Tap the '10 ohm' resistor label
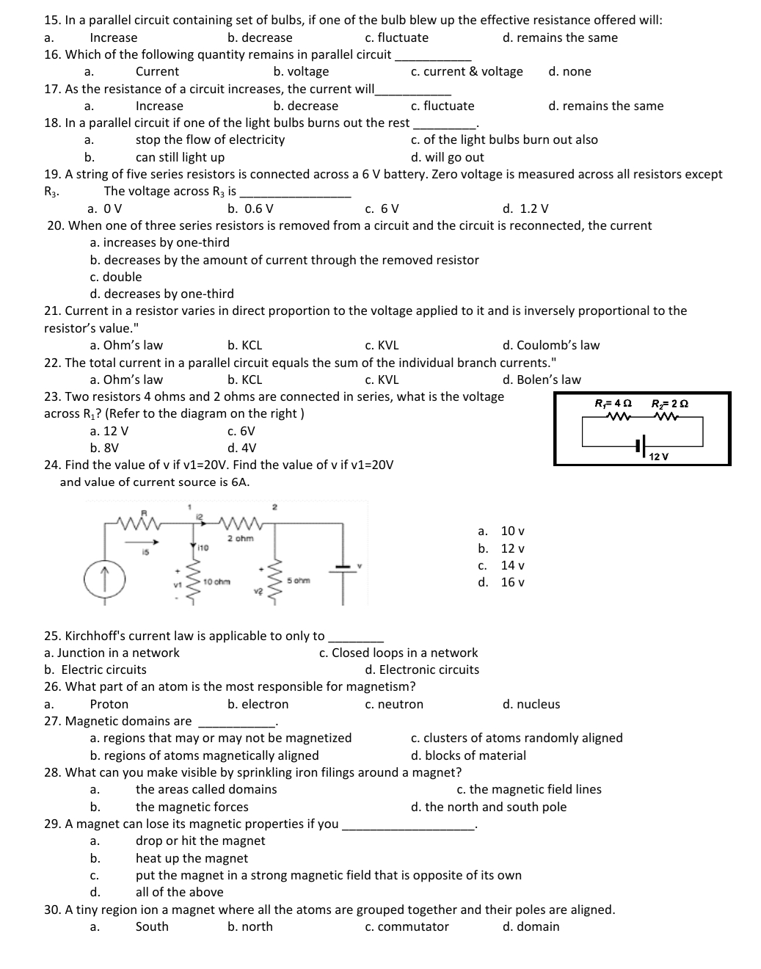pos(216,581)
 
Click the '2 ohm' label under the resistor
pos(240,538)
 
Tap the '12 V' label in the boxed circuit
pos(659,457)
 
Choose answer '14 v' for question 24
pos(512,565)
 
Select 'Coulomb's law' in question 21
pos(558,345)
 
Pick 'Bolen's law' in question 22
pos(548,380)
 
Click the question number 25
pos(52,636)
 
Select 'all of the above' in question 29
pos(180,892)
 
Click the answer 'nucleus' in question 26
pos(538,704)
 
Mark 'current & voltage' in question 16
pos(473,71)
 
